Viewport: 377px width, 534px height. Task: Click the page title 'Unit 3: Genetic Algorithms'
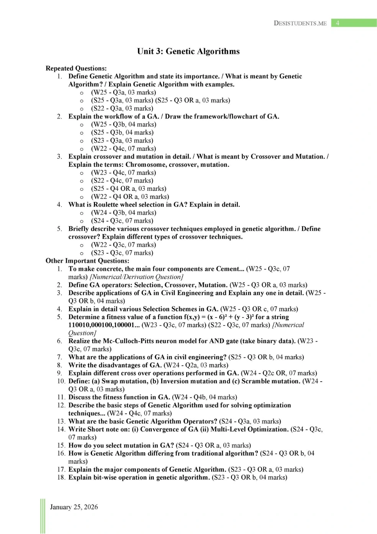point(188,51)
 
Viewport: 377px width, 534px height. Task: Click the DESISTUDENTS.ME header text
point(300,23)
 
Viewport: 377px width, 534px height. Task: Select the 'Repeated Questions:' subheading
point(76,68)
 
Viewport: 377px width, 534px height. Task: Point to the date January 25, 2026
point(74,507)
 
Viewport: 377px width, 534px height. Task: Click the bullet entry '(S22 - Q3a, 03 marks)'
point(122,108)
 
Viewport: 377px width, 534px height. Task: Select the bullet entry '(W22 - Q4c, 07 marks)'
point(123,149)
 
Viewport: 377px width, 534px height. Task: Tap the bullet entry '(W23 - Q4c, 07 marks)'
point(123,173)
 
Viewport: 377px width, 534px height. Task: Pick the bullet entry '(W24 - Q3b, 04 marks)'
point(123,213)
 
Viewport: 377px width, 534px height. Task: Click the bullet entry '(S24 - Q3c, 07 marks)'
point(122,221)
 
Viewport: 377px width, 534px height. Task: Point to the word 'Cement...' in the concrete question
point(230,269)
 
